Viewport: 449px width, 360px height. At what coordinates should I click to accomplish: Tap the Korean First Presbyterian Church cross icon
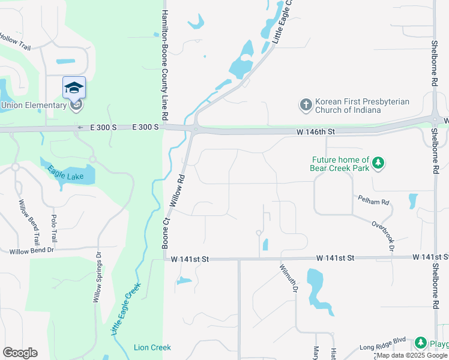click(306, 105)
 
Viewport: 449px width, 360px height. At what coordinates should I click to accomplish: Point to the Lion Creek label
click(152, 347)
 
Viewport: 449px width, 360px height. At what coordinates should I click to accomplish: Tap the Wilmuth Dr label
click(288, 278)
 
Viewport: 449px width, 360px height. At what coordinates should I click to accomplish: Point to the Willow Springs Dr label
click(97, 276)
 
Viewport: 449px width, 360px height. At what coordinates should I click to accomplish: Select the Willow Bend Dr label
click(32, 250)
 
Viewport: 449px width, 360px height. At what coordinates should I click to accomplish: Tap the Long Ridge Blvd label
click(383, 347)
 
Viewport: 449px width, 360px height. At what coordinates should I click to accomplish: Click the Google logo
click(20, 353)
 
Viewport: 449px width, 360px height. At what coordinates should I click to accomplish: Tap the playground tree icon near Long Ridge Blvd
click(421, 343)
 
